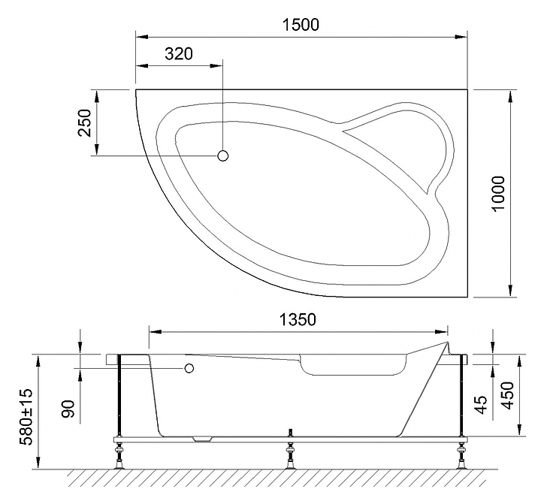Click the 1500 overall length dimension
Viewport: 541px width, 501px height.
(x=301, y=25)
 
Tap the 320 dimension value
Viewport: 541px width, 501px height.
(x=178, y=54)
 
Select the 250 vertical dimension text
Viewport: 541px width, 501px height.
(x=85, y=122)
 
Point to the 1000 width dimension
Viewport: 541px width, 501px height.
(x=498, y=194)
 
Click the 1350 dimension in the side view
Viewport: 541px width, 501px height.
(x=298, y=320)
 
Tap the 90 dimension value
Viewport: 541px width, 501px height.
(x=68, y=409)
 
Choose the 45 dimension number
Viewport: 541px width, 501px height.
(x=482, y=404)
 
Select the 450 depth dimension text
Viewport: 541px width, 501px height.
(x=507, y=396)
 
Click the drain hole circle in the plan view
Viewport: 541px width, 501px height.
(x=223, y=155)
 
